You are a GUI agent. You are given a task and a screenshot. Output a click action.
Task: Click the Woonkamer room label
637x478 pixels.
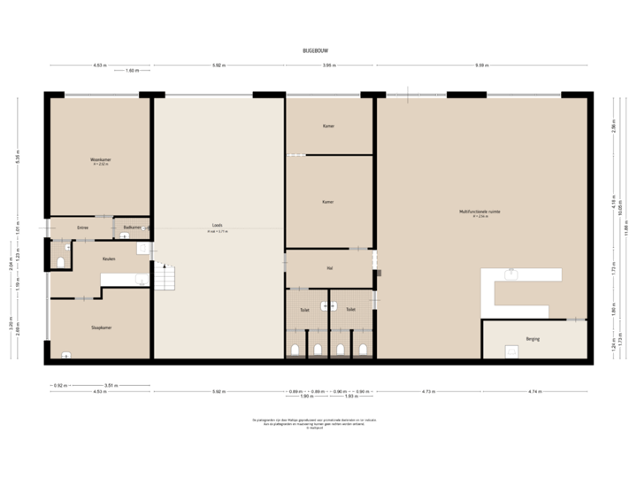coord(99,160)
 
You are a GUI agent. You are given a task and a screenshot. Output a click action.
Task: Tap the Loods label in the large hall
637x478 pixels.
coord(218,226)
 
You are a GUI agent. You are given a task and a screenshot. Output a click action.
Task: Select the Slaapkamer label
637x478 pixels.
coord(100,327)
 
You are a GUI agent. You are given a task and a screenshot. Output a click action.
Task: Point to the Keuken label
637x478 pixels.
coord(109,258)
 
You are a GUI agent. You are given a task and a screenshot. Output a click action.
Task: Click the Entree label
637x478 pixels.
coord(82,227)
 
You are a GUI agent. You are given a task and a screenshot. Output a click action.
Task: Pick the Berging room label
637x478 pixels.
coord(533,338)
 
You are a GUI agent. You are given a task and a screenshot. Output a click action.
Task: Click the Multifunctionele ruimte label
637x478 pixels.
coord(481,212)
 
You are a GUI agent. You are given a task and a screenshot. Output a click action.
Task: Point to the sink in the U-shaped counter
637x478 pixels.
coord(510,275)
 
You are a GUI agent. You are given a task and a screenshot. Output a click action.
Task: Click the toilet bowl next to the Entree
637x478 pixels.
coord(60,261)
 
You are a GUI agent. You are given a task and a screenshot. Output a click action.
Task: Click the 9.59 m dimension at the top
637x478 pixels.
coord(481,65)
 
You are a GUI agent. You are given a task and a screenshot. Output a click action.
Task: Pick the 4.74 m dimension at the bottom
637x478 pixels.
coord(533,390)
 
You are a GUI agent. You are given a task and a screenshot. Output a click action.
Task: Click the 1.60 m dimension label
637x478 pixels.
coord(132,70)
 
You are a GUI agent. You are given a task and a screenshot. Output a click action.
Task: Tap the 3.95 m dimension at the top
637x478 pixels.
coord(327,65)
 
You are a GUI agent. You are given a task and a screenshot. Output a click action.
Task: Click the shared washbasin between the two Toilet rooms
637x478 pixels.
coord(329,306)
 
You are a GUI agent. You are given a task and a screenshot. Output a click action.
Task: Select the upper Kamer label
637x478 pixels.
coord(328,126)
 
